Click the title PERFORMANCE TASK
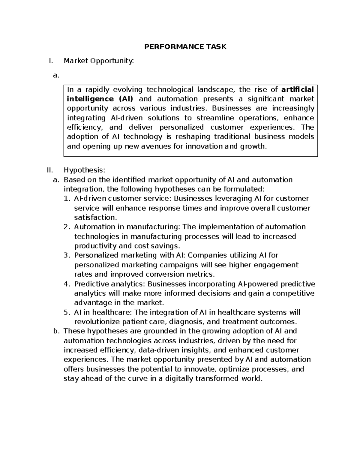tap(185, 47)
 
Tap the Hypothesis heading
tap(84, 170)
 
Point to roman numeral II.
tap(50, 170)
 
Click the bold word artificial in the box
tap(298, 89)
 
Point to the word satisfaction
tap(94, 217)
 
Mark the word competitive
tap(293, 293)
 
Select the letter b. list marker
tap(56, 331)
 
